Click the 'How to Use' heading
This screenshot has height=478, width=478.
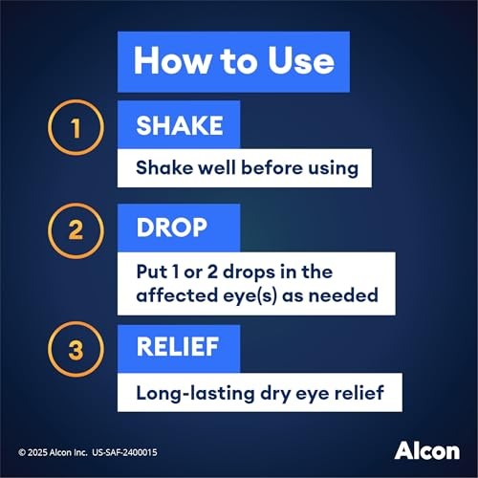point(233,60)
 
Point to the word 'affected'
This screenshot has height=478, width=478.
point(174,294)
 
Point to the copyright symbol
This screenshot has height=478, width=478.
point(22,449)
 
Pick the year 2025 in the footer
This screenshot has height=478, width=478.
point(39,449)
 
